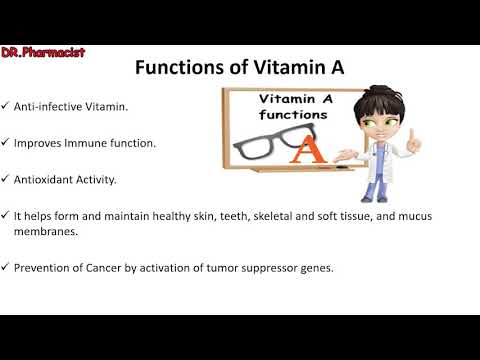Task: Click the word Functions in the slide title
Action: [x=182, y=68]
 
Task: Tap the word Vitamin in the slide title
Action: [x=284, y=68]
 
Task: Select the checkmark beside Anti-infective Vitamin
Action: [x=6, y=106]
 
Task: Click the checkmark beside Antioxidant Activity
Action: [x=6, y=179]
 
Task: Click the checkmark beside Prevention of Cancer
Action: [x=6, y=268]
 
